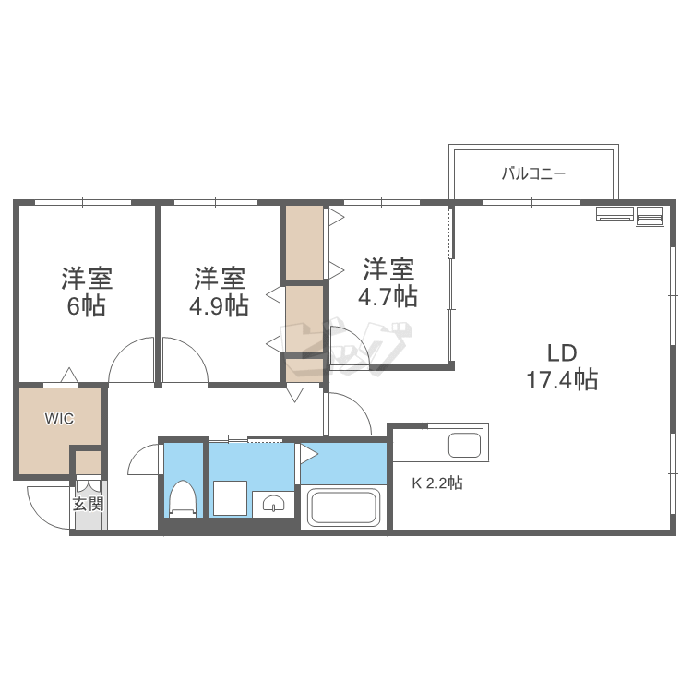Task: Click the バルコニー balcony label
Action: (x=532, y=173)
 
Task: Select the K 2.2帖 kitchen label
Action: (x=436, y=482)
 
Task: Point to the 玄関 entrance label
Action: (x=89, y=505)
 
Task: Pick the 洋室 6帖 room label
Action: (x=87, y=291)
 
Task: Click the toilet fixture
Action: (x=182, y=499)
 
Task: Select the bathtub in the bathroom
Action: (x=343, y=508)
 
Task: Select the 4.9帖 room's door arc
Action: (x=185, y=361)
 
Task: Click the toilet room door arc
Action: (x=144, y=459)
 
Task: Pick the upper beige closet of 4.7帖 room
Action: (x=304, y=243)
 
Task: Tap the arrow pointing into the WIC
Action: (x=67, y=376)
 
